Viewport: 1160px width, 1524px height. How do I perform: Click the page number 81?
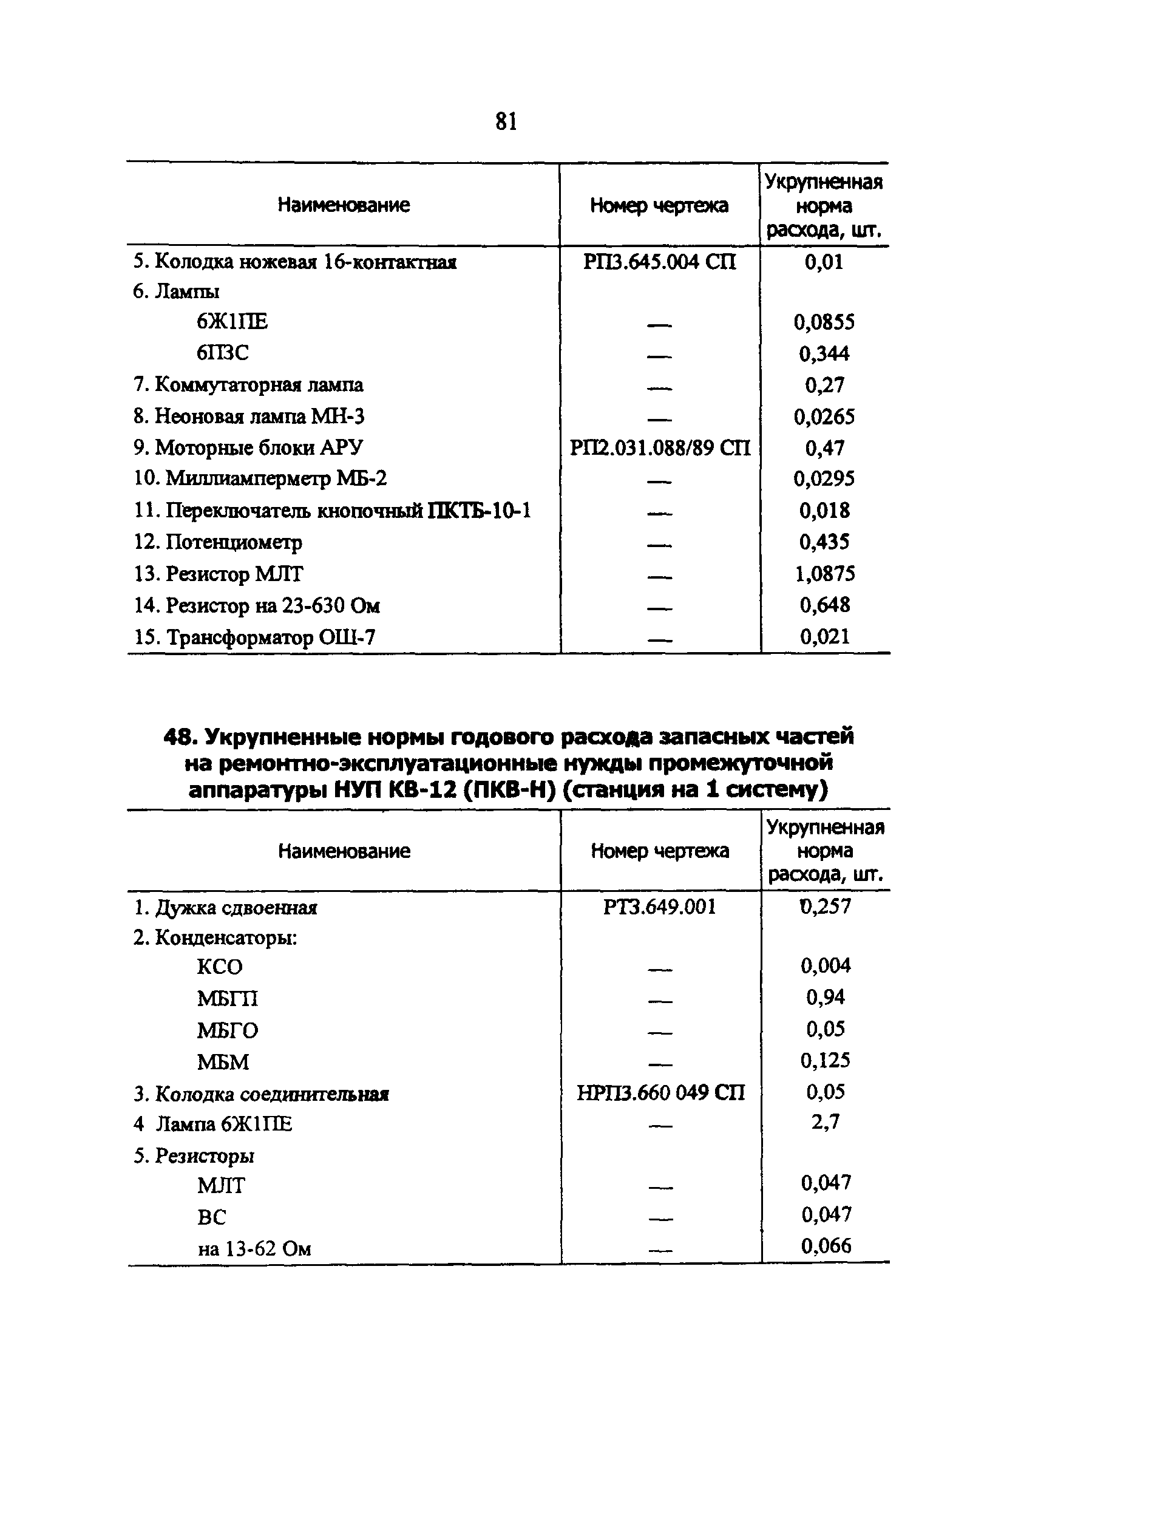point(506,121)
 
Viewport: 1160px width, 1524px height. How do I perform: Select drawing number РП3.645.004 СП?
point(659,262)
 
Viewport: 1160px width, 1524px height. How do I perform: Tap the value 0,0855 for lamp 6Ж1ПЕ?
point(824,322)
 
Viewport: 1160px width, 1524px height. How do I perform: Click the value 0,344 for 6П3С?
point(824,353)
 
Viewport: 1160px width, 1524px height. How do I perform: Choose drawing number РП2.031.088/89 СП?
point(659,448)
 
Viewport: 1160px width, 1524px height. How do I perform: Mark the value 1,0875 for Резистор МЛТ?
point(824,574)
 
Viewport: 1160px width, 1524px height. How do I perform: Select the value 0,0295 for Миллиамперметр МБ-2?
point(824,478)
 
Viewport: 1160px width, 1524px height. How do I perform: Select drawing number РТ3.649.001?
point(659,907)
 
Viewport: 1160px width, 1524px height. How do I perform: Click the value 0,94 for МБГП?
point(825,997)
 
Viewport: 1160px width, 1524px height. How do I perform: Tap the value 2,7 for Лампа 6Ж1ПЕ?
point(825,1122)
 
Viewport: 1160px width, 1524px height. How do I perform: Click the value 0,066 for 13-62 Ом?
point(826,1246)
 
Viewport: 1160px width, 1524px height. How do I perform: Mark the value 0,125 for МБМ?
point(825,1060)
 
